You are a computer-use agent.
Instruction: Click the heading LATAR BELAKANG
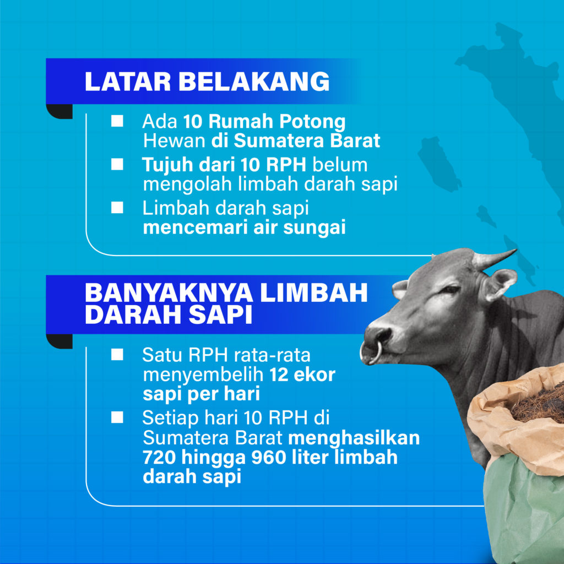[x=207, y=82]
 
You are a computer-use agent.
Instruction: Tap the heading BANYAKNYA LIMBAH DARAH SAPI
[x=226, y=303]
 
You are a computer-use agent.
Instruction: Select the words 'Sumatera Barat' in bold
[x=307, y=141]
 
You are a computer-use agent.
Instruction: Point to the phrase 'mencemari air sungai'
[x=244, y=227]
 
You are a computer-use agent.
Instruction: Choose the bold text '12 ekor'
[x=302, y=376]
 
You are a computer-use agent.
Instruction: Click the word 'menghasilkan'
[x=354, y=438]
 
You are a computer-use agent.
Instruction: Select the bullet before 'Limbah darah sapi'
[x=117, y=207]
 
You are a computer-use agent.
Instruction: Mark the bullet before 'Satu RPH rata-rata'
[x=117, y=355]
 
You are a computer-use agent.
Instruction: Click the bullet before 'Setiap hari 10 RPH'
[x=117, y=418]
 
